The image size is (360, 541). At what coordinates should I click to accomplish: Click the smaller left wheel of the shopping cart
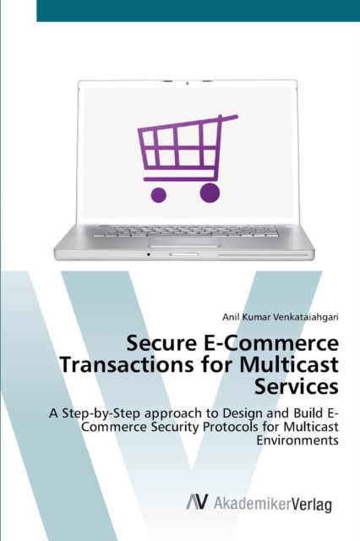159,195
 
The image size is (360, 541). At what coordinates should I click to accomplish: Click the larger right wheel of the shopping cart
210,193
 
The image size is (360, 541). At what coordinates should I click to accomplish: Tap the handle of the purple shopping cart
228,118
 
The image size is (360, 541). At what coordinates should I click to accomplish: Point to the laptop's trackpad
184,242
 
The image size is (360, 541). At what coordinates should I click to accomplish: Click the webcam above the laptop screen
188,83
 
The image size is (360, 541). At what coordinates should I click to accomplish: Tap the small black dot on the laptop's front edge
149,254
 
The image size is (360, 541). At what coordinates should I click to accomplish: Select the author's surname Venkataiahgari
306,317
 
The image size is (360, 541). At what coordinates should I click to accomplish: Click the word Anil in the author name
229,317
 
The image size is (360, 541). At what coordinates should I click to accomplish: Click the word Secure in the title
158,343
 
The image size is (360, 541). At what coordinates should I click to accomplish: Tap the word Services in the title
297,387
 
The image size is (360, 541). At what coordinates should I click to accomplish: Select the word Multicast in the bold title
289,365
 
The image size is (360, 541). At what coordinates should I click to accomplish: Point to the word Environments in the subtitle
297,440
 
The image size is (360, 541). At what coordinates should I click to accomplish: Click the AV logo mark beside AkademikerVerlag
198,501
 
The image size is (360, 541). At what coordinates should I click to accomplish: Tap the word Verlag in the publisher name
312,504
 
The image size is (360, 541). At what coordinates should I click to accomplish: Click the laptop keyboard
185,231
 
